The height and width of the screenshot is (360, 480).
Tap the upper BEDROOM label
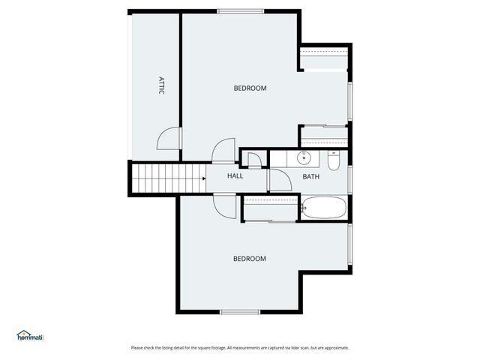coord(250,88)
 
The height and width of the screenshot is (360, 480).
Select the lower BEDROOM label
coord(249,259)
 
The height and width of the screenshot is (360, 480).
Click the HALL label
coord(235,176)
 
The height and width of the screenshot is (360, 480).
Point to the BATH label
coord(310,177)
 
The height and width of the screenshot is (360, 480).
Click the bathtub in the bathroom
coord(324,207)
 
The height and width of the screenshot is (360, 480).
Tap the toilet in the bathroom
coord(334,160)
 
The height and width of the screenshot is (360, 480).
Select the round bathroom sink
coord(304,158)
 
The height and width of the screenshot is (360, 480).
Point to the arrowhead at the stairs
coord(203,178)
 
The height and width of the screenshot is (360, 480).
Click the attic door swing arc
coord(168,138)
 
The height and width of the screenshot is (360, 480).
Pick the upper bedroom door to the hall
coord(223,151)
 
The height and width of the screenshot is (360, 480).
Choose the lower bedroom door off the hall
coord(223,204)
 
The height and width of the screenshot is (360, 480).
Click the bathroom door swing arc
coord(279,180)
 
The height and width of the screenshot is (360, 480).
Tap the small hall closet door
coord(254,158)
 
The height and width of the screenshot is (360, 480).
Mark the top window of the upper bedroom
coord(240,11)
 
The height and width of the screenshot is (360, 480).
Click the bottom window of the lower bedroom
coord(239,311)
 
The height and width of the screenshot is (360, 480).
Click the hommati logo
coord(31,337)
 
